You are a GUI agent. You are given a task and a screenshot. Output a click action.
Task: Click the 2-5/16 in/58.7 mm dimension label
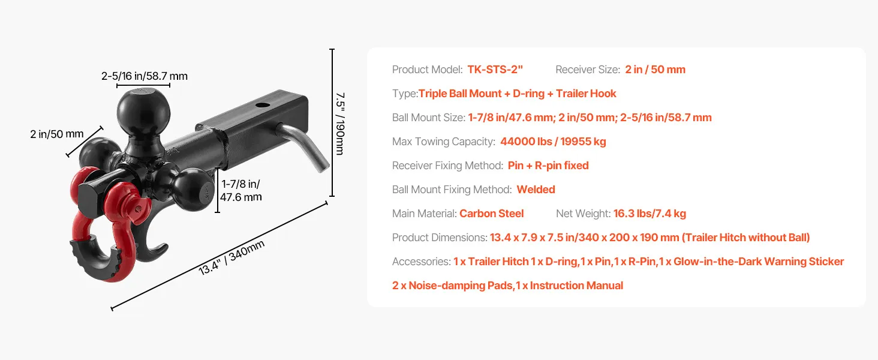[x=145, y=76]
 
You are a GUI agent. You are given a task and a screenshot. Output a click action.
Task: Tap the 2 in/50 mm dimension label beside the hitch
[x=57, y=134]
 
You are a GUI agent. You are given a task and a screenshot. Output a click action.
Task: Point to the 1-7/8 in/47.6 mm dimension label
[x=240, y=190]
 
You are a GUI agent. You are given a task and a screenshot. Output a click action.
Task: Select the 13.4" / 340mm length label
[x=231, y=257]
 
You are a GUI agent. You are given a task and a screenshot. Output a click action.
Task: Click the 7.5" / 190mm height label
[x=340, y=124]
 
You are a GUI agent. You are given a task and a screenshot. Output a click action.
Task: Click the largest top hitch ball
[x=143, y=112]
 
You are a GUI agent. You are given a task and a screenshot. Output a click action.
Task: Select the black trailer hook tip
[x=164, y=248]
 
